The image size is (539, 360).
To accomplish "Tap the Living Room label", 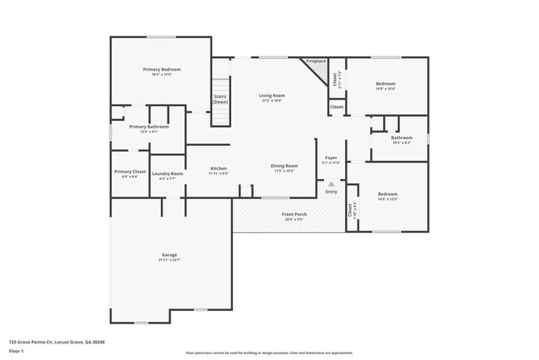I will pos(272,96).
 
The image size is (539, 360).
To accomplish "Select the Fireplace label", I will pos(316,61).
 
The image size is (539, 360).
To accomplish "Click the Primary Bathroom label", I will pos(149,127).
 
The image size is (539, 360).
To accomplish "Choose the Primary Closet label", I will pos(130,172).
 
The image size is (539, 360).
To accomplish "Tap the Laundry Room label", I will pos(167,173).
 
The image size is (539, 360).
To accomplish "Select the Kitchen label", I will pos(218,168).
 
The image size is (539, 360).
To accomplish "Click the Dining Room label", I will pos(284,166).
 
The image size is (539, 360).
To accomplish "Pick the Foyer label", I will pos(331,158).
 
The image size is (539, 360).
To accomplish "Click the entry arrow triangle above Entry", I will pos(331,184).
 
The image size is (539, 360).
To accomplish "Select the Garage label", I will pos(169,255).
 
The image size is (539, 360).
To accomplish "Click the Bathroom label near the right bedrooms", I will pos(401,138).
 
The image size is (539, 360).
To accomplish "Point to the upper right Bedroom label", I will pos(386,84).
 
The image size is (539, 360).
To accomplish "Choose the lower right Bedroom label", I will pos(387,195).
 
